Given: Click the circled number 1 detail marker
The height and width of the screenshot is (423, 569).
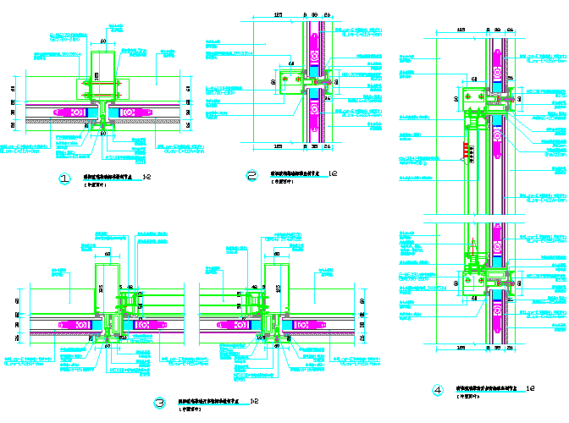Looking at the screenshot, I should pos(64,179).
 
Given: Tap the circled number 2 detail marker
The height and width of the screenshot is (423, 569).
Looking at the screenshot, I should pos(251,176).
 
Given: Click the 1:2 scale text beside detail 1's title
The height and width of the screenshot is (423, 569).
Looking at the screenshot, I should pos(147,178).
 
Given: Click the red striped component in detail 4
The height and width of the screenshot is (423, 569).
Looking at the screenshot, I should pos(464,151).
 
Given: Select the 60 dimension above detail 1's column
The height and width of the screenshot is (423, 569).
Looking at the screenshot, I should pos(103,41).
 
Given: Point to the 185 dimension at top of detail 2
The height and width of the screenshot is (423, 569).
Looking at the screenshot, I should pos(279,15).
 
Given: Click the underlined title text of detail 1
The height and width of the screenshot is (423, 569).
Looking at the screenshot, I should pos(110,178).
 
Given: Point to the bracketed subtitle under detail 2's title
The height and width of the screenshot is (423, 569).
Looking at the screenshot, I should pos(279,183).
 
